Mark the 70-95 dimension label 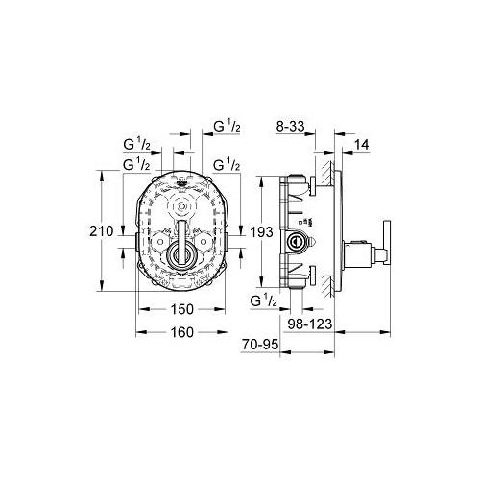click(260, 344)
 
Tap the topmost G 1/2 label click(226, 124)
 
